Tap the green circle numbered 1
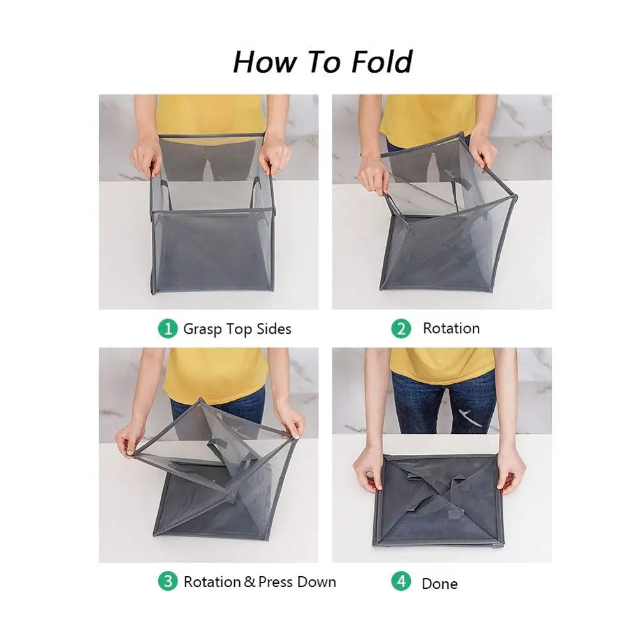point(167,329)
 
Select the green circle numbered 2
point(401,329)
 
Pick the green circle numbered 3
point(167,582)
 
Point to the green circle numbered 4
point(401,582)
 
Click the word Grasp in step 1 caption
point(203,330)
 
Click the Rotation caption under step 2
point(451,329)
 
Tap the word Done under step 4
point(440,584)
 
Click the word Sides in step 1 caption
point(274,329)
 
